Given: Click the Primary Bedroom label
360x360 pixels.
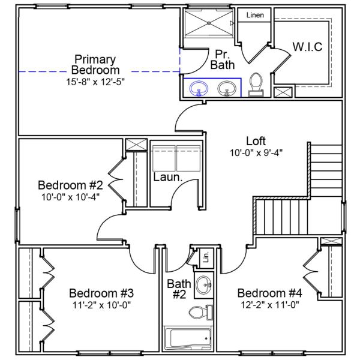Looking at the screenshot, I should (x=95, y=64).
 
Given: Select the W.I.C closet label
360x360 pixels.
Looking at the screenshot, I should (x=308, y=47).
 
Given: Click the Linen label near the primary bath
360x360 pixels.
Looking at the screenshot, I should (x=255, y=14).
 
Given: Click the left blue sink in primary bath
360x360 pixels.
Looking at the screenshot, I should (x=198, y=89).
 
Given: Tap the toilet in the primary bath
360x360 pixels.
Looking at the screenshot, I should (x=256, y=84).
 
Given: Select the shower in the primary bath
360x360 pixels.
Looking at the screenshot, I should (x=208, y=24).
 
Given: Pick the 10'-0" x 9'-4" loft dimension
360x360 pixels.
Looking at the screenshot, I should (x=256, y=152).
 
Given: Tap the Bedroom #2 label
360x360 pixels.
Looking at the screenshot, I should (x=71, y=184).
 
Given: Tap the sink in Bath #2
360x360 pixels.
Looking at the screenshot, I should (x=204, y=284).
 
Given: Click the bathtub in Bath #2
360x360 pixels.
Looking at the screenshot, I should (x=188, y=339).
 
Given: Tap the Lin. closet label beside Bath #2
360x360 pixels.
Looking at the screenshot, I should (x=205, y=257).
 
